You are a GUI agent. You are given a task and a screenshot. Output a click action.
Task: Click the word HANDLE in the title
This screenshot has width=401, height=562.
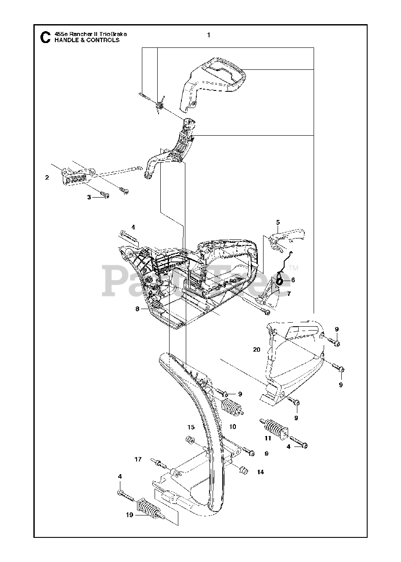(65, 40)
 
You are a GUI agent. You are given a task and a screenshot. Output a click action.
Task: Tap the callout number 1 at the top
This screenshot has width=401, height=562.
(209, 35)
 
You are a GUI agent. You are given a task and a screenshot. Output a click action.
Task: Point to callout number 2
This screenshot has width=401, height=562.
(47, 177)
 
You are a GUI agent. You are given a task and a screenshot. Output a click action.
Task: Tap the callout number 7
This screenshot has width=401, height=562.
(289, 293)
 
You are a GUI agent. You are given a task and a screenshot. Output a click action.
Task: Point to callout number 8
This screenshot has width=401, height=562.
(137, 309)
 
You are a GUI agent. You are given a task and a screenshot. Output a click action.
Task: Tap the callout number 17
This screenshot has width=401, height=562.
(138, 459)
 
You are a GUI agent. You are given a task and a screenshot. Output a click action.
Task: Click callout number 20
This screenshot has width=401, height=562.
(257, 350)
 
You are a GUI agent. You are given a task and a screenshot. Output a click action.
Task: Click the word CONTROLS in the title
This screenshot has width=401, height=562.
(102, 40)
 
